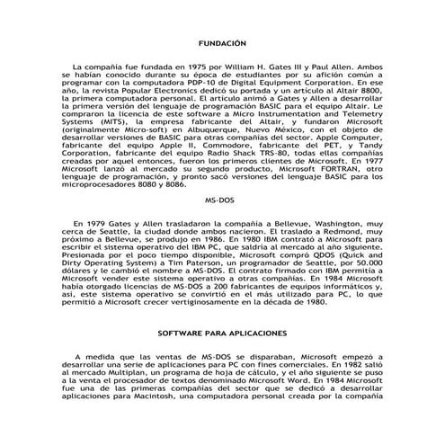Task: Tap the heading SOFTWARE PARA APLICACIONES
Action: [x=221, y=333]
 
